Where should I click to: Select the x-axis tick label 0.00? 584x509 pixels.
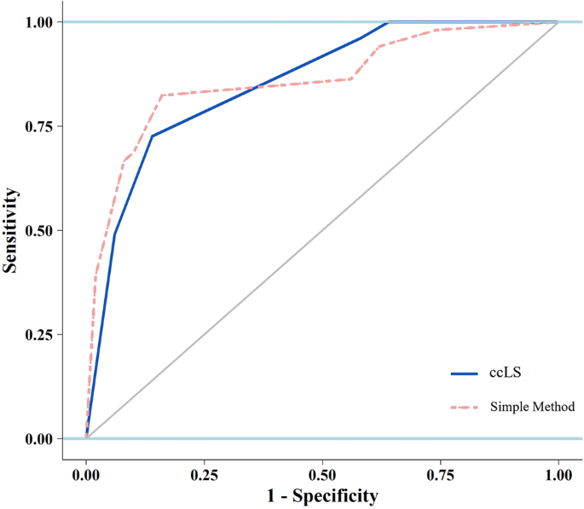click(86, 471)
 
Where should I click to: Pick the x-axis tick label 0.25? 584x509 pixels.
click(204, 471)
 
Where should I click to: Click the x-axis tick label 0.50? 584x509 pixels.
click(322, 471)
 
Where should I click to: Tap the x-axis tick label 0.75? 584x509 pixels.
click(440, 471)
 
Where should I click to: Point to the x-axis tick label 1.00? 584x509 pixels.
click(558, 471)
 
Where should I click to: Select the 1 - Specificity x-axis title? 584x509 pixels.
click(321, 495)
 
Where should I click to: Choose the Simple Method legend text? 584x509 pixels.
click(532, 407)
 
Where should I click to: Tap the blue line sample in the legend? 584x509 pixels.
click(465, 373)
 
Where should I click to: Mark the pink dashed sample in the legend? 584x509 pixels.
click(465, 407)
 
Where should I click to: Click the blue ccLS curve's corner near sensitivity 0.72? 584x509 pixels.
click(153, 136)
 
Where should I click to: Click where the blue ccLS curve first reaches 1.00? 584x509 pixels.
click(388, 22)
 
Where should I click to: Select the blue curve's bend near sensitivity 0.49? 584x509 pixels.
click(114, 234)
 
